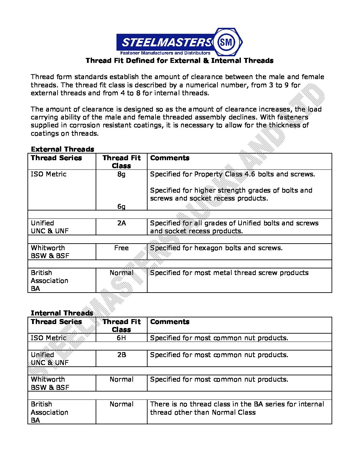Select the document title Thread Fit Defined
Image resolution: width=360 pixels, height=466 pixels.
(179, 61)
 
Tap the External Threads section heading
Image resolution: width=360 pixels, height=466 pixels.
(63, 149)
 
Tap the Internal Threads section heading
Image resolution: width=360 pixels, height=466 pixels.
(62, 313)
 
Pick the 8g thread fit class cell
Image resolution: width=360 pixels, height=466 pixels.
(121, 174)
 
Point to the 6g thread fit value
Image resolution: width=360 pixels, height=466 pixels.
(121, 207)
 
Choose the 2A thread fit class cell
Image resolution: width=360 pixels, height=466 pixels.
(121, 223)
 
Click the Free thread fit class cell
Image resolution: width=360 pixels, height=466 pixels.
(121, 248)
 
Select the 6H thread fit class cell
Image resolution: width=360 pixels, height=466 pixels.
(121, 338)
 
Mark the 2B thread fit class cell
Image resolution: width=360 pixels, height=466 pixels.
(121, 355)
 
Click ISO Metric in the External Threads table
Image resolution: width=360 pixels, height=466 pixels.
(49, 174)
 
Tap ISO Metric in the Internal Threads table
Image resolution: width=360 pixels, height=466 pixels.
(49, 338)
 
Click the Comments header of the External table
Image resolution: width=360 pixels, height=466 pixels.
(170, 158)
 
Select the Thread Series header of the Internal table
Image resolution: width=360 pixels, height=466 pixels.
(56, 322)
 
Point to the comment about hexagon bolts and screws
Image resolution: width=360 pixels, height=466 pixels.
(216, 248)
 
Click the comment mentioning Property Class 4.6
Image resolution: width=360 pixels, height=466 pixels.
(233, 174)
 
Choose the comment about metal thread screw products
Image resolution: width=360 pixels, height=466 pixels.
(229, 273)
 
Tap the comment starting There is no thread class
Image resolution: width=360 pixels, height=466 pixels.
(237, 408)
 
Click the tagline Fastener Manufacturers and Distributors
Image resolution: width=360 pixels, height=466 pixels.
(165, 53)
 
